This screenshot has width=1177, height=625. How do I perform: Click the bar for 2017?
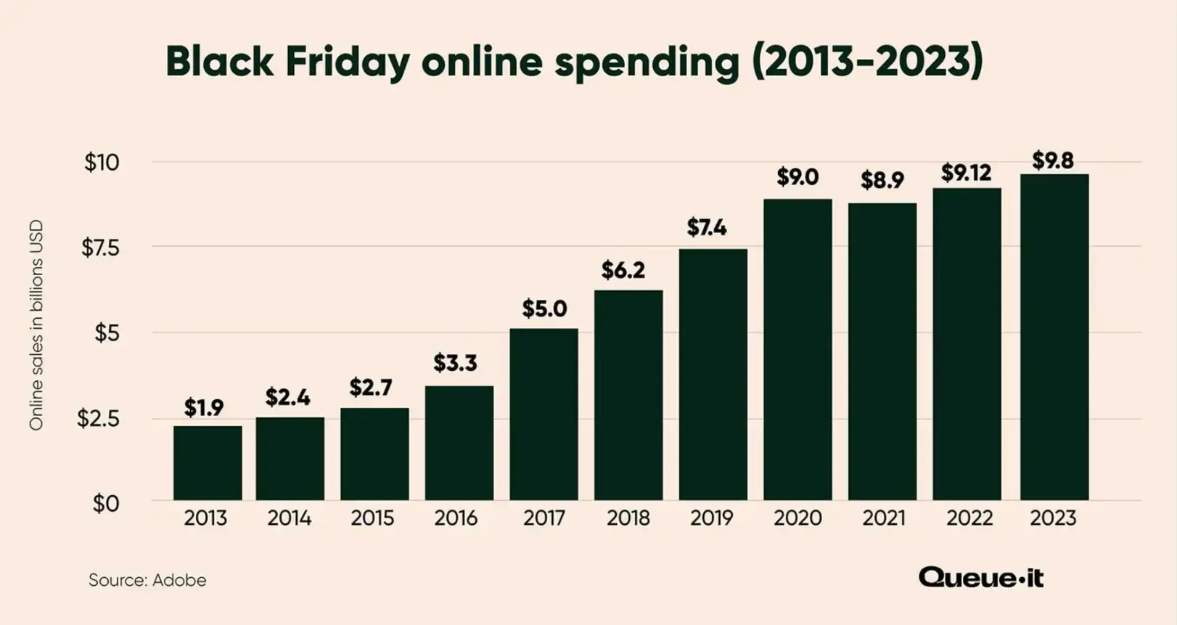(x=544, y=414)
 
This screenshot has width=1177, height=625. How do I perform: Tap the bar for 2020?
(x=797, y=350)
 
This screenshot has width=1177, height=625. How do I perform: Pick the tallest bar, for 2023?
(x=1054, y=337)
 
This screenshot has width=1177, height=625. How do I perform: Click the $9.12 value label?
(x=966, y=173)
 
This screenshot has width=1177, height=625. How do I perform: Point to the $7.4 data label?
(x=706, y=228)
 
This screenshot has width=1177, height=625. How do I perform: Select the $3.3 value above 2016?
(x=455, y=363)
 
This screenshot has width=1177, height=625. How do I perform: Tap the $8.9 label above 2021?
(x=882, y=180)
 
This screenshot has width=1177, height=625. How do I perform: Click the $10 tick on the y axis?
(x=102, y=163)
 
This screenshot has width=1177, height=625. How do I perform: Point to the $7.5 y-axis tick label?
(x=100, y=248)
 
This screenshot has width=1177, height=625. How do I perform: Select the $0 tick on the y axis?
(x=105, y=504)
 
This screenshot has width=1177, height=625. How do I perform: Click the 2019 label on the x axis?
(x=711, y=518)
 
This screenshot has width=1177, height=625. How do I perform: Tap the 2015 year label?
(x=372, y=518)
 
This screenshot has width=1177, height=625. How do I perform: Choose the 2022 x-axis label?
(x=969, y=518)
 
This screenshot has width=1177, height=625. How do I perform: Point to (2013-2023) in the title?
(x=866, y=61)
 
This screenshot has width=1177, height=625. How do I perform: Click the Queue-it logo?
(x=980, y=578)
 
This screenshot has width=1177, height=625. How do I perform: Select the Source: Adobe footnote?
(x=147, y=580)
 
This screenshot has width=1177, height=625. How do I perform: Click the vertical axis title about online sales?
(x=36, y=325)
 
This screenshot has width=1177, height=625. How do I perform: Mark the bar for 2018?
(x=628, y=395)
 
